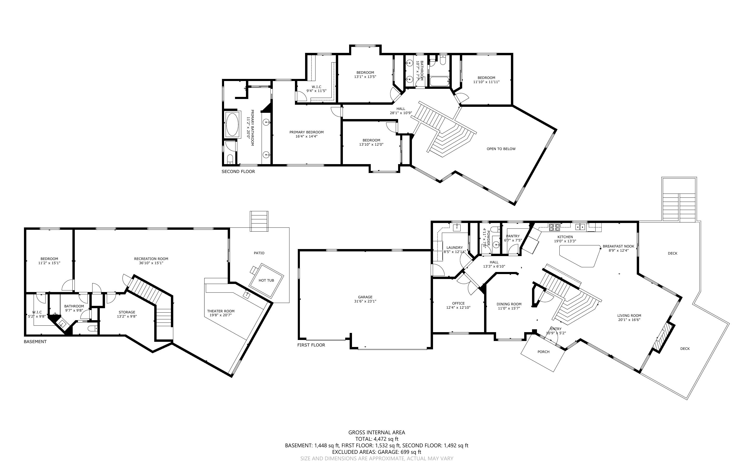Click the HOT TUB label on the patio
pyautogui.click(x=266, y=280)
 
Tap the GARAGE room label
pyautogui.click(x=365, y=297)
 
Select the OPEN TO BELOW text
pyautogui.click(x=501, y=149)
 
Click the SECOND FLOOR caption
pyautogui.click(x=238, y=172)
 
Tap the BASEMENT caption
pyautogui.click(x=35, y=342)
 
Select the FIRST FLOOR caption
pyautogui.click(x=311, y=345)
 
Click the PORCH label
pyautogui.click(x=543, y=352)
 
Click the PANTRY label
pyautogui.click(x=513, y=236)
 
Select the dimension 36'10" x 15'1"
pyautogui.click(x=151, y=263)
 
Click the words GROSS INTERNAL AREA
pyautogui.click(x=376, y=432)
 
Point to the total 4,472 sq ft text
pyautogui.click(x=376, y=439)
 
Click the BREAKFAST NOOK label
pyautogui.click(x=619, y=246)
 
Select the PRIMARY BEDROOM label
pyautogui.click(x=306, y=132)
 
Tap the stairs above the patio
pyautogui.click(x=259, y=221)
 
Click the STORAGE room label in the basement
pyautogui.click(x=127, y=312)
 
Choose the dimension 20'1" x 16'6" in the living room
pyautogui.click(x=629, y=320)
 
